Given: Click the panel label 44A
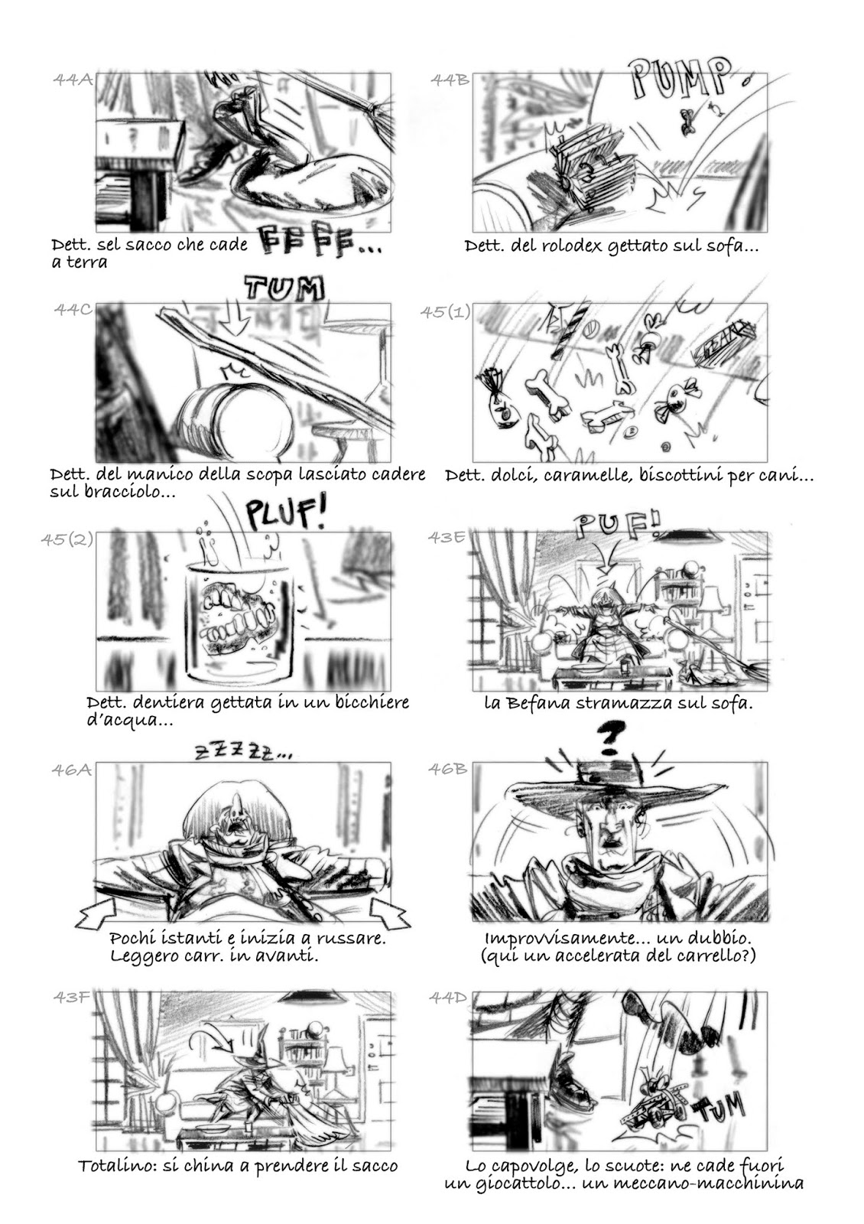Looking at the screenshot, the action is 73,80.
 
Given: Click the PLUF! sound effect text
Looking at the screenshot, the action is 284,513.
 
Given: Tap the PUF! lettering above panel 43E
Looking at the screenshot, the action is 616,527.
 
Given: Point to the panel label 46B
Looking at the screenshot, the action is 448,770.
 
